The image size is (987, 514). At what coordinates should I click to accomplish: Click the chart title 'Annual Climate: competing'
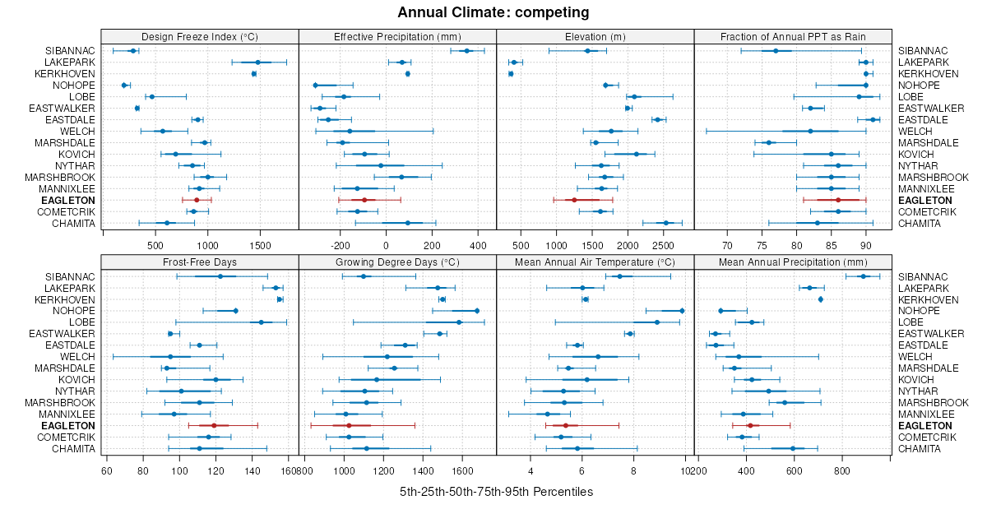493,12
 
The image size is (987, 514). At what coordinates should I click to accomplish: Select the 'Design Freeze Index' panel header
200,37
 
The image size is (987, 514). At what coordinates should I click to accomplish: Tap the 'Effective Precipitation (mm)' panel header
397,37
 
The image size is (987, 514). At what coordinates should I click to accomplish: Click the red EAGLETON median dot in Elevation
575,200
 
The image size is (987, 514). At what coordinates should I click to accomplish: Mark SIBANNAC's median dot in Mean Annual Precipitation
863,276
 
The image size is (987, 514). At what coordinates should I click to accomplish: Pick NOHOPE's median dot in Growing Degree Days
477,311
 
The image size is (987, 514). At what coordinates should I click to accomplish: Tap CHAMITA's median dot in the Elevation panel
666,223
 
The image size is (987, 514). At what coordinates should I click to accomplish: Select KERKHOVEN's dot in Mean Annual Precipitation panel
821,299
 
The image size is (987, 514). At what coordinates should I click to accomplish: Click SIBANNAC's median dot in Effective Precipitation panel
467,51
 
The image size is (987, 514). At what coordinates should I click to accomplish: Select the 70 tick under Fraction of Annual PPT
727,244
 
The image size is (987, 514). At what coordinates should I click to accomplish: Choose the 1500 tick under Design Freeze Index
260,244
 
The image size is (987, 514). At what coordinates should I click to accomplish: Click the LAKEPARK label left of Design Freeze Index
71,63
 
